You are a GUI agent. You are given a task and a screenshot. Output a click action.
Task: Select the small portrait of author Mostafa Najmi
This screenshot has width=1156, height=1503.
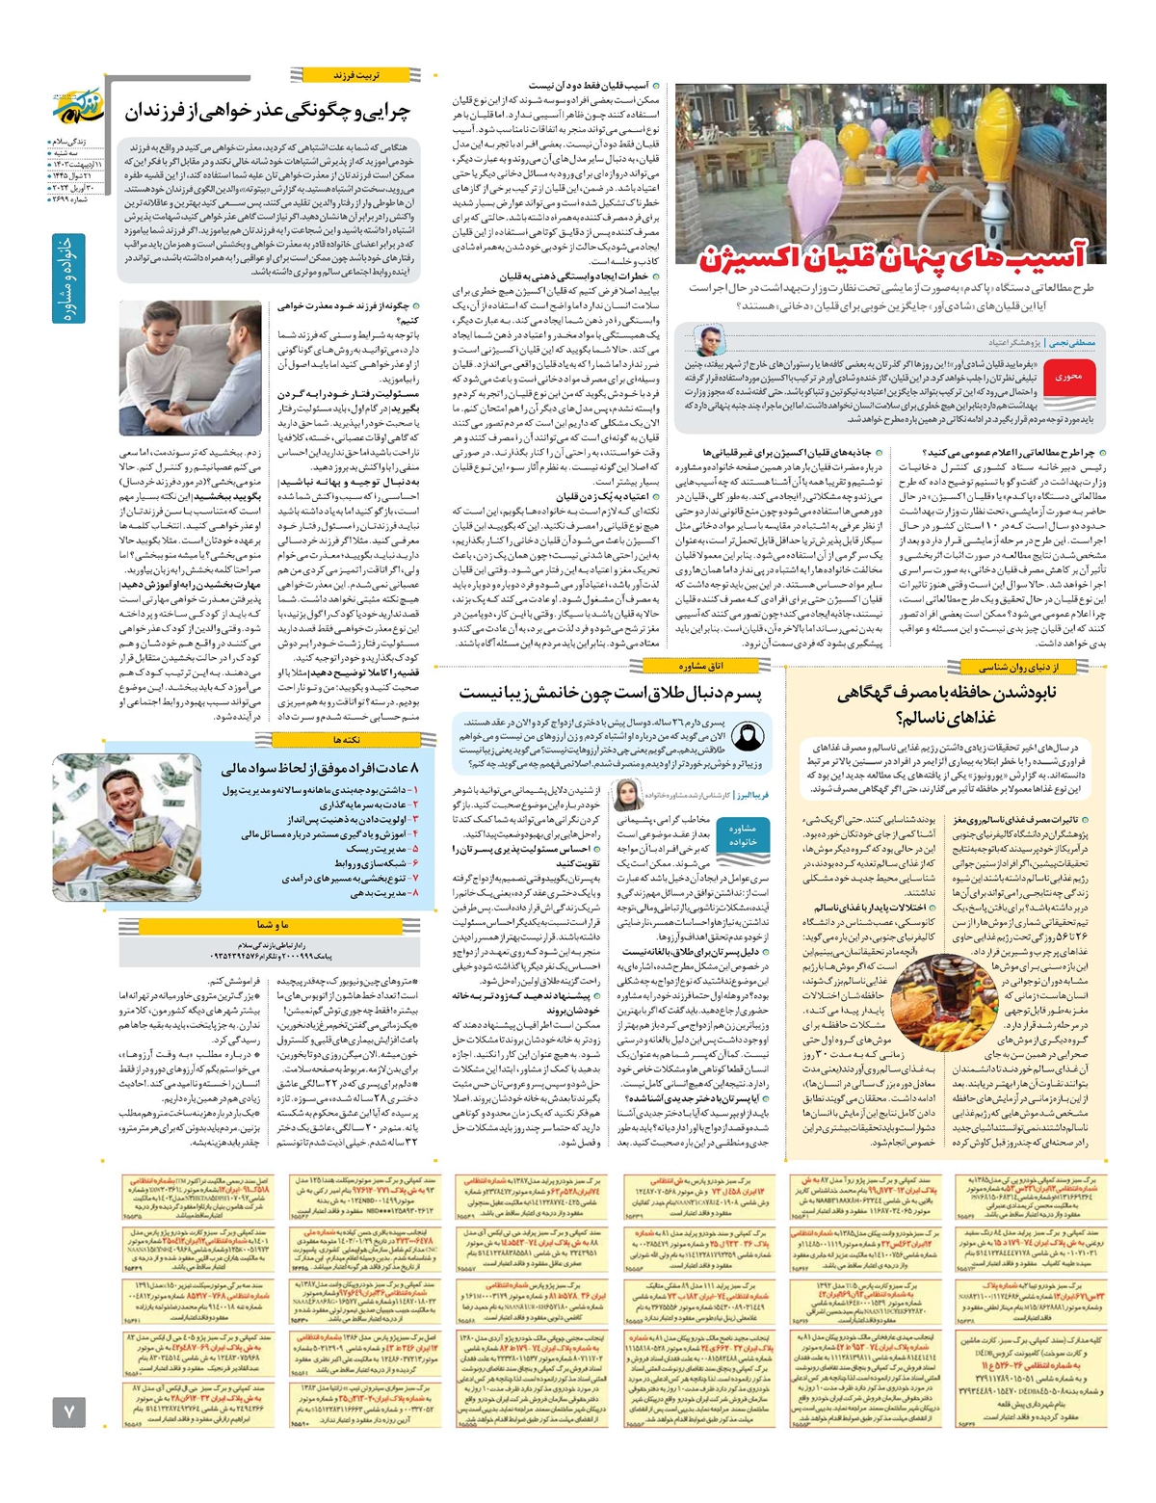(710, 341)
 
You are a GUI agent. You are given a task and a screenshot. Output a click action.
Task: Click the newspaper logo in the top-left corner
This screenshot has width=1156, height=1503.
(75, 107)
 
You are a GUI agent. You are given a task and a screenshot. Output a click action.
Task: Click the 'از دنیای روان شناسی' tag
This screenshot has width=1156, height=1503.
(1018, 667)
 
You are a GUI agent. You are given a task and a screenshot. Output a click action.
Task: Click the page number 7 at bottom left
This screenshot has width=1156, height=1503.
(68, 1411)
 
